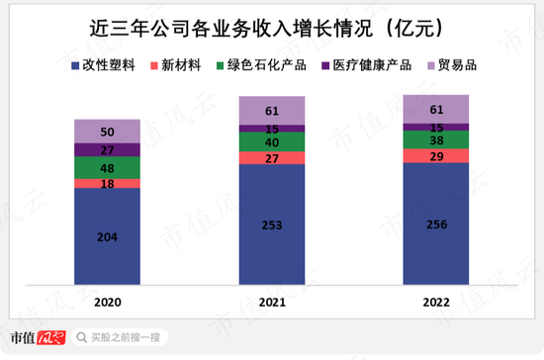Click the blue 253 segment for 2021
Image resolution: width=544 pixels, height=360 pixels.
[271, 225]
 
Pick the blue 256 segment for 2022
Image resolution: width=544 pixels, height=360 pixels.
[435, 224]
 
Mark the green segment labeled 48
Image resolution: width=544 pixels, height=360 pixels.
[107, 168]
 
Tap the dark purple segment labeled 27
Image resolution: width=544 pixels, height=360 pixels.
[107, 149]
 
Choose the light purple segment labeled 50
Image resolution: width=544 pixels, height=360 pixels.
[107, 132]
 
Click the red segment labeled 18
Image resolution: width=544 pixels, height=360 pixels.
[107, 184]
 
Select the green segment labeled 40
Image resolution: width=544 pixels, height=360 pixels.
[271, 141]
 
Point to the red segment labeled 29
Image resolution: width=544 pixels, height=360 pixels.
[435, 156]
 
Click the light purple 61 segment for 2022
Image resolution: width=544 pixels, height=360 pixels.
[435, 109]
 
